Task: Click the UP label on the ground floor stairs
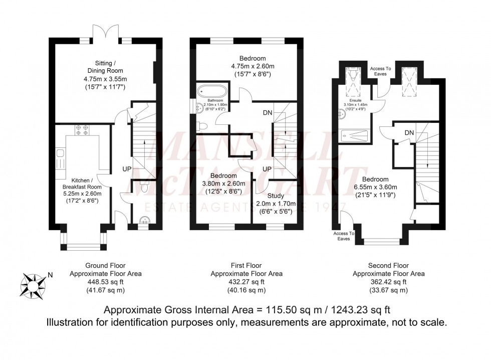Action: point(127,169)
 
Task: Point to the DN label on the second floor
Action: point(408,132)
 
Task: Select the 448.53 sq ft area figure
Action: point(105,282)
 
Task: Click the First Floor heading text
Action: point(246,266)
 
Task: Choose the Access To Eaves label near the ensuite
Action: point(378,71)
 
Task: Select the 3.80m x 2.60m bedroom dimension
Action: point(223,184)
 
